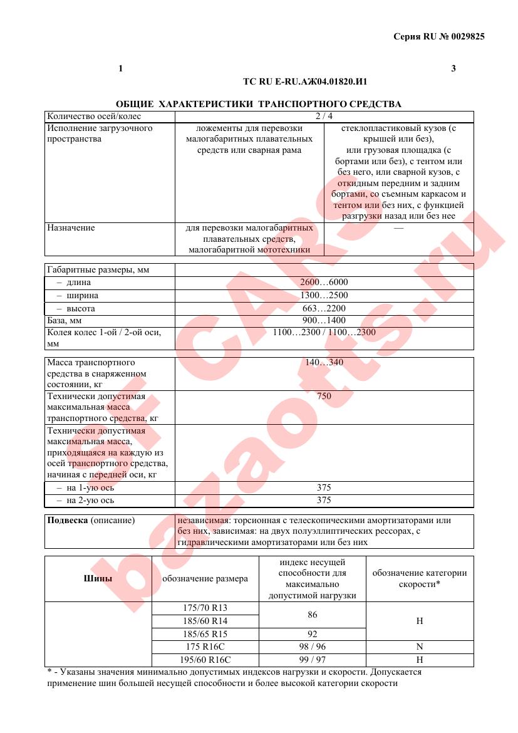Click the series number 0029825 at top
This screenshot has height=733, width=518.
click(x=465, y=36)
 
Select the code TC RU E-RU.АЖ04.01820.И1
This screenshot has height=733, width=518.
click(x=305, y=81)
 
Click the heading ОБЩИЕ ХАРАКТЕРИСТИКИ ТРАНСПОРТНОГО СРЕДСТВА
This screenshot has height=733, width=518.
click(x=259, y=103)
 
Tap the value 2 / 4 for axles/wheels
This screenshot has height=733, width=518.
click(x=324, y=116)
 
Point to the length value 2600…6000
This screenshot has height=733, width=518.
click(x=324, y=282)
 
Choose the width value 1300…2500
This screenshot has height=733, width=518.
click(x=324, y=295)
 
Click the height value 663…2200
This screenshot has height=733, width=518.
click(x=324, y=308)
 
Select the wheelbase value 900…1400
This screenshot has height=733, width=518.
click(x=324, y=320)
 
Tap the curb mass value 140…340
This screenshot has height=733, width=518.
click(x=324, y=362)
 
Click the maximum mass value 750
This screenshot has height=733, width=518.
click(x=324, y=396)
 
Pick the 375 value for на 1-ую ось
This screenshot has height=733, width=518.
click(x=324, y=487)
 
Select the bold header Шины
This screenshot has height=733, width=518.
click(x=98, y=578)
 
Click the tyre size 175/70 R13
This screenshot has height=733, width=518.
click(x=205, y=608)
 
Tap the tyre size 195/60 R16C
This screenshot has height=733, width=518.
click(x=205, y=660)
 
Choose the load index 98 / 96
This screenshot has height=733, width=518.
click(x=312, y=647)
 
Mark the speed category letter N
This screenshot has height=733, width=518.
click(x=420, y=647)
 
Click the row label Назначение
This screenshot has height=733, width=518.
click(x=71, y=228)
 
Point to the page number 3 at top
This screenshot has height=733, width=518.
click(x=453, y=68)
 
